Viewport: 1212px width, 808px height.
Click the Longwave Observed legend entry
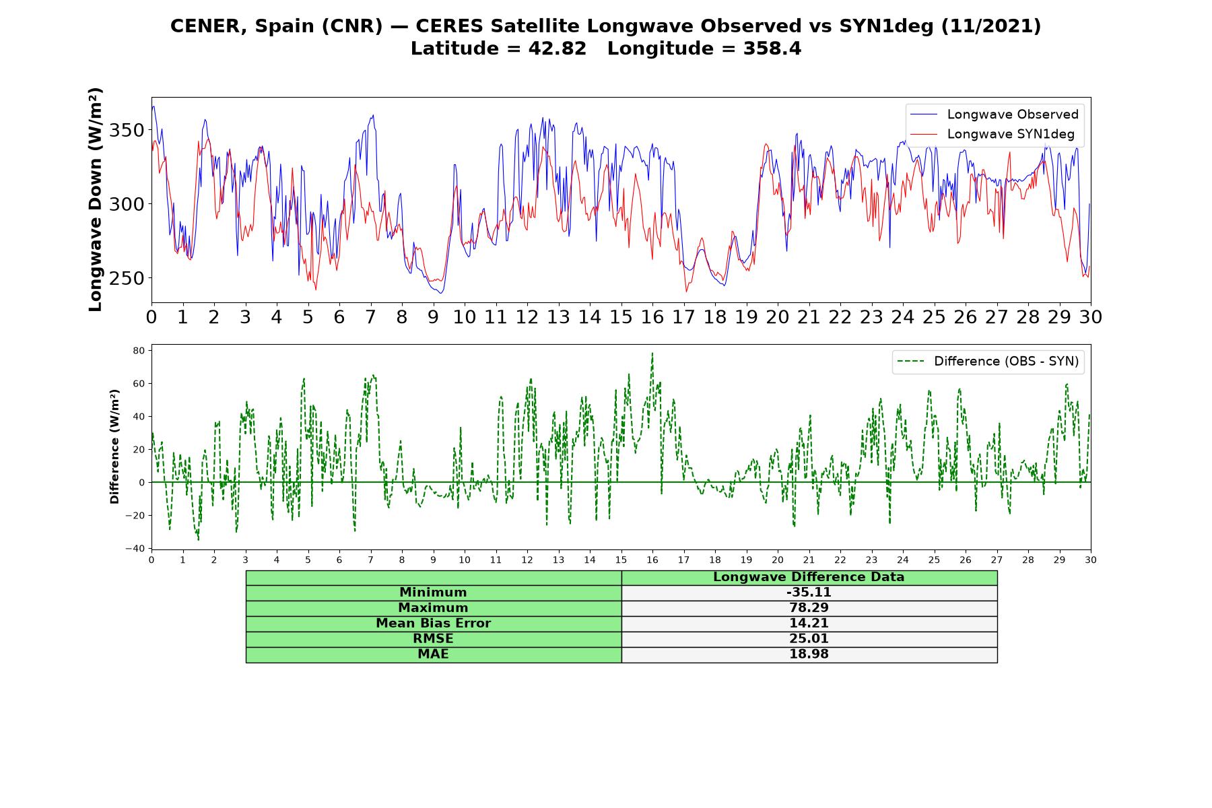tap(994, 114)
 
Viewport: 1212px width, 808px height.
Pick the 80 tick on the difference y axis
tap(139, 350)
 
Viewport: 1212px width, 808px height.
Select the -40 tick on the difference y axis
tap(136, 549)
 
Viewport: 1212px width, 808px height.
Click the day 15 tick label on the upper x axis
tap(621, 316)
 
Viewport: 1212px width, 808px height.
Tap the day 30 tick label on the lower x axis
tap(1091, 560)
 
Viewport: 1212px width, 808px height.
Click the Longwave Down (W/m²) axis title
tap(95, 199)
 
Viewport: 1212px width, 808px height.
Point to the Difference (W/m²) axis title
tap(114, 446)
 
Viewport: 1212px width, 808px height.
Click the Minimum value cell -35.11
tap(809, 593)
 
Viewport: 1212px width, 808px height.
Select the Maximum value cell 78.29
tap(809, 608)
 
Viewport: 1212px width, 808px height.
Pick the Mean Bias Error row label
tap(433, 624)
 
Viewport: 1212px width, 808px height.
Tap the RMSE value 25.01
tap(809, 639)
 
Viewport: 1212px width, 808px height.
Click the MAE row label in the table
tap(433, 654)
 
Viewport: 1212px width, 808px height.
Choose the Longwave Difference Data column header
tap(809, 577)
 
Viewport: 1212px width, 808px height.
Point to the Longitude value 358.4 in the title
tap(772, 48)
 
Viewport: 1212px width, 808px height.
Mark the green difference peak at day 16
tap(652, 353)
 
